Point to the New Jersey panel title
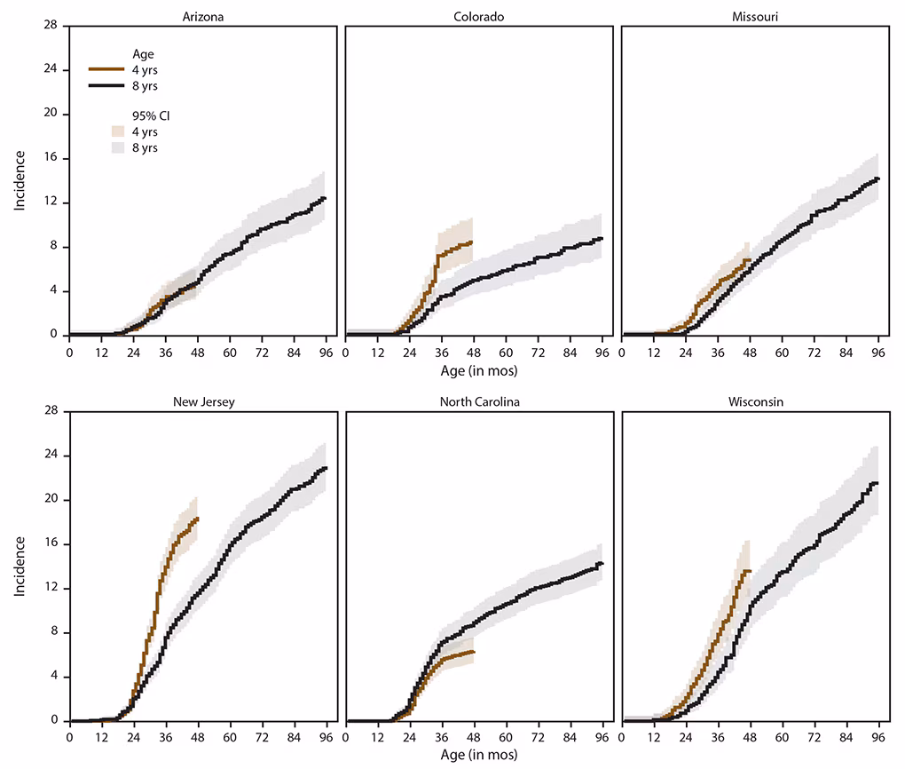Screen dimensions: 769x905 pos(202,401)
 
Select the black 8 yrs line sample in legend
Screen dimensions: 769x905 pos(106,85)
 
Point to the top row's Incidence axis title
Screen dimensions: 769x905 pos(19,180)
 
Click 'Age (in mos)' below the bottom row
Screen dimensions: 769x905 pos(478,755)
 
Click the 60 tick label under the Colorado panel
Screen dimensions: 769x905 pos(507,352)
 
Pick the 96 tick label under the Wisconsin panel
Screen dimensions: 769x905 pos(878,737)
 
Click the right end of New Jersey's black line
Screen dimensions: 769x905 pos(327,468)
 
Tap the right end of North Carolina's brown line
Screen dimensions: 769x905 pos(475,652)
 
